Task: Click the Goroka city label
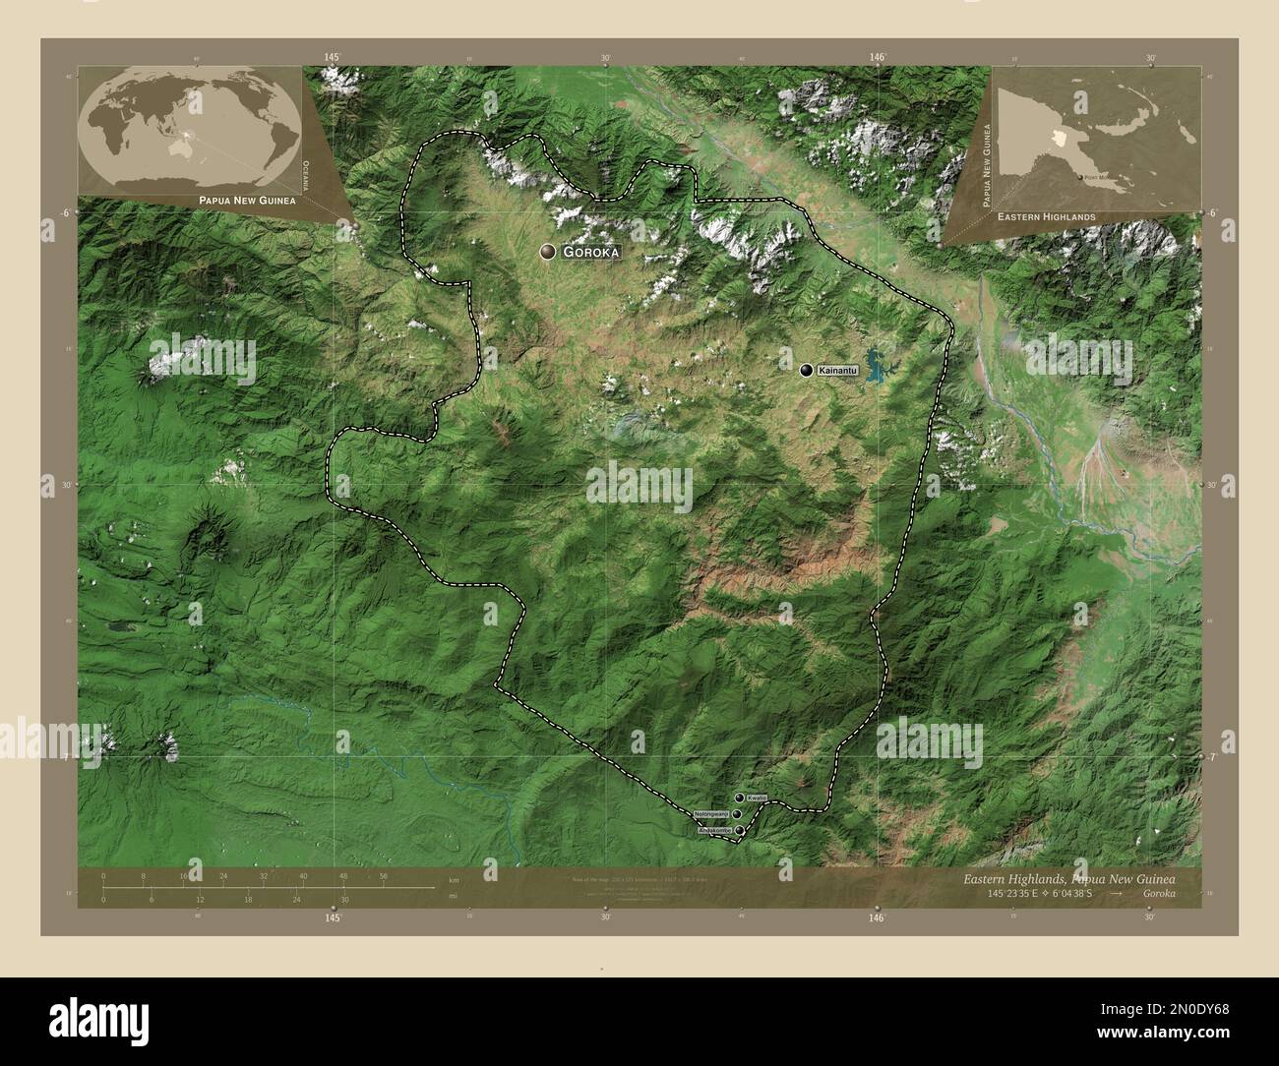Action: [591, 253]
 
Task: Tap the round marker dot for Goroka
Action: [547, 253]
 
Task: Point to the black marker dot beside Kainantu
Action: [807, 371]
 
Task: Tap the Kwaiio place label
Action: [756, 798]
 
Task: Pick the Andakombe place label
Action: [714, 831]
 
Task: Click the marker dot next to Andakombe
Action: [739, 831]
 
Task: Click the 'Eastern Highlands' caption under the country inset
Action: [1045, 215]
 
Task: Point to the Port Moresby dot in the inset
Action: [1079, 177]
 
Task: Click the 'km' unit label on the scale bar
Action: [454, 879]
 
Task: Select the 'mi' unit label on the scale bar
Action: [453, 898]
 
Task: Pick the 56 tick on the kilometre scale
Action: [383, 875]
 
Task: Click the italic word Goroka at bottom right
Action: [1164, 893]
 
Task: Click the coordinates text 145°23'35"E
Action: [996, 893]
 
